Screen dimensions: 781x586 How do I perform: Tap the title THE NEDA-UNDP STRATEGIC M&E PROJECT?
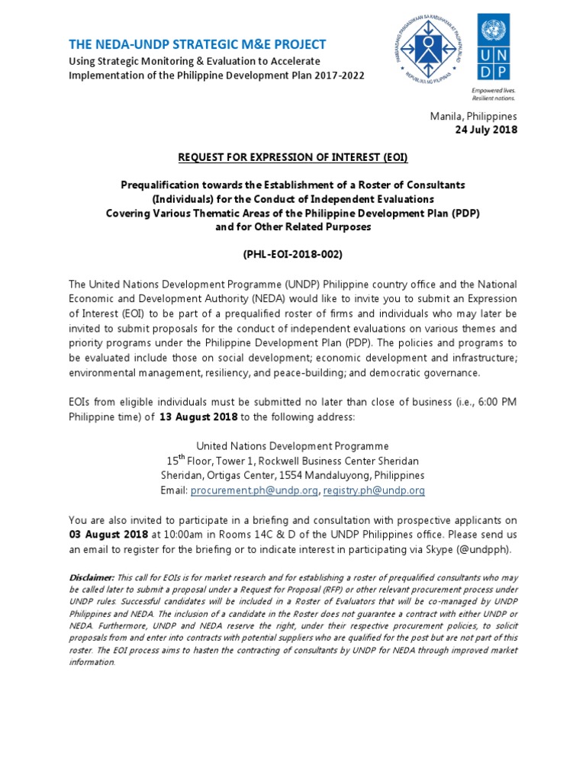(198, 44)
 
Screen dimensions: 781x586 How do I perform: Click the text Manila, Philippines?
(474, 116)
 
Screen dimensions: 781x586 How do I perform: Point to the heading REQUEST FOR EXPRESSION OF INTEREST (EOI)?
(293, 158)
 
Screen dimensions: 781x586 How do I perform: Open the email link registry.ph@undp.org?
(374, 490)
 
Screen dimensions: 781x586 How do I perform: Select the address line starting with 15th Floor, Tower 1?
(293, 461)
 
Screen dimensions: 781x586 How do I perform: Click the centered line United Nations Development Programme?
(293, 446)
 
